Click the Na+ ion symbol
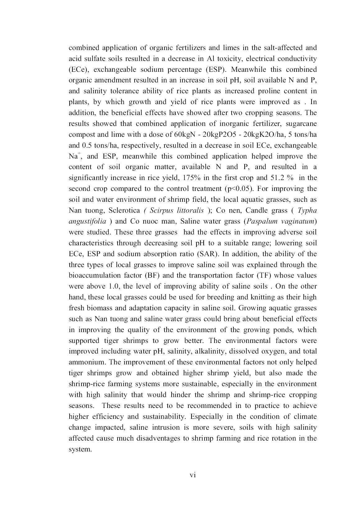(74, 156)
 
